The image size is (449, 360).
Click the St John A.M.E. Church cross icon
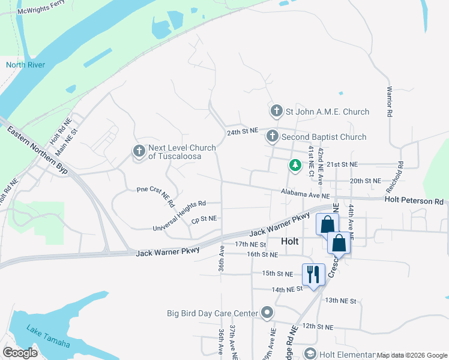tap(276, 111)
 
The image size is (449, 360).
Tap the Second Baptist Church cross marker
tap(273, 137)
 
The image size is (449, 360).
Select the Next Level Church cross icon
tap(139, 151)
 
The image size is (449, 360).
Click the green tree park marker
tap(295, 164)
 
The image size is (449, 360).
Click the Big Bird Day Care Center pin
tap(267, 313)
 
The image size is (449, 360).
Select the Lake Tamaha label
tap(48, 336)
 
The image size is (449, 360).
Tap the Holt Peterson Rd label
tap(414, 201)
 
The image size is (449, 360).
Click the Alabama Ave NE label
tap(306, 194)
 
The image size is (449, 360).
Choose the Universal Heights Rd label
tap(179, 216)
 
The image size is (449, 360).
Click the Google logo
tap(20, 353)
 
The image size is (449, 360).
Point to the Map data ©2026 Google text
tap(411, 356)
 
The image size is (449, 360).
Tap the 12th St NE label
tap(317, 326)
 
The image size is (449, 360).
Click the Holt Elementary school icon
tap(310, 354)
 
